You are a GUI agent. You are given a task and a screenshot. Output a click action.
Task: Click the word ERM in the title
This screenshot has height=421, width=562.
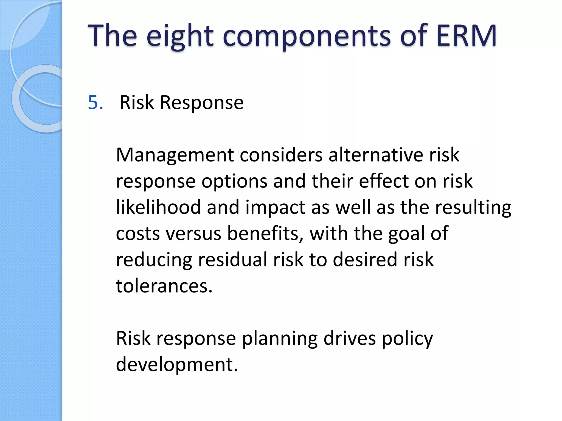pyautogui.click(x=466, y=36)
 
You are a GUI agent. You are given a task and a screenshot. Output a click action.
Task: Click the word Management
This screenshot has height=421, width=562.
pyautogui.click(x=175, y=155)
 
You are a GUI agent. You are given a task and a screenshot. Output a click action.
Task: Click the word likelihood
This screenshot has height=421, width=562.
pyautogui.click(x=158, y=207)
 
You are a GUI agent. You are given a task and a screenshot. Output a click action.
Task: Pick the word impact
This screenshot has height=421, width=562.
pyautogui.click(x=275, y=208)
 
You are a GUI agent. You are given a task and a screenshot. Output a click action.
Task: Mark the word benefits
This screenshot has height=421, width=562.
pyautogui.click(x=265, y=234)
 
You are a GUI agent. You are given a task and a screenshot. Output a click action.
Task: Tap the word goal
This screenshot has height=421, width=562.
pyautogui.click(x=406, y=234)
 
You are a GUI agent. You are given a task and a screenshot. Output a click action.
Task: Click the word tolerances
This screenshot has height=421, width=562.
pyautogui.click(x=164, y=286)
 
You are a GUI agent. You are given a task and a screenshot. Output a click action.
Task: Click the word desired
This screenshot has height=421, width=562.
pyautogui.click(x=365, y=260)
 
